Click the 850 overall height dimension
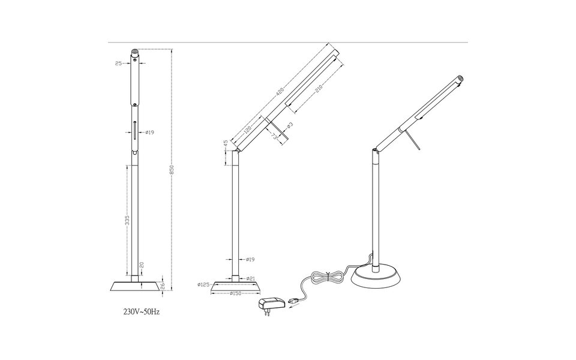172,170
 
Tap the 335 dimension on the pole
127,222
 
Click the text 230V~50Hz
142,312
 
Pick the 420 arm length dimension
280,93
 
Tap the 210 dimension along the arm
319,89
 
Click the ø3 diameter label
289,125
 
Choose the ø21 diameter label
251,278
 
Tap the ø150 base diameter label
236,293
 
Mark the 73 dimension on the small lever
274,136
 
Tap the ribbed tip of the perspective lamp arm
461,78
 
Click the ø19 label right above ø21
251,259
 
